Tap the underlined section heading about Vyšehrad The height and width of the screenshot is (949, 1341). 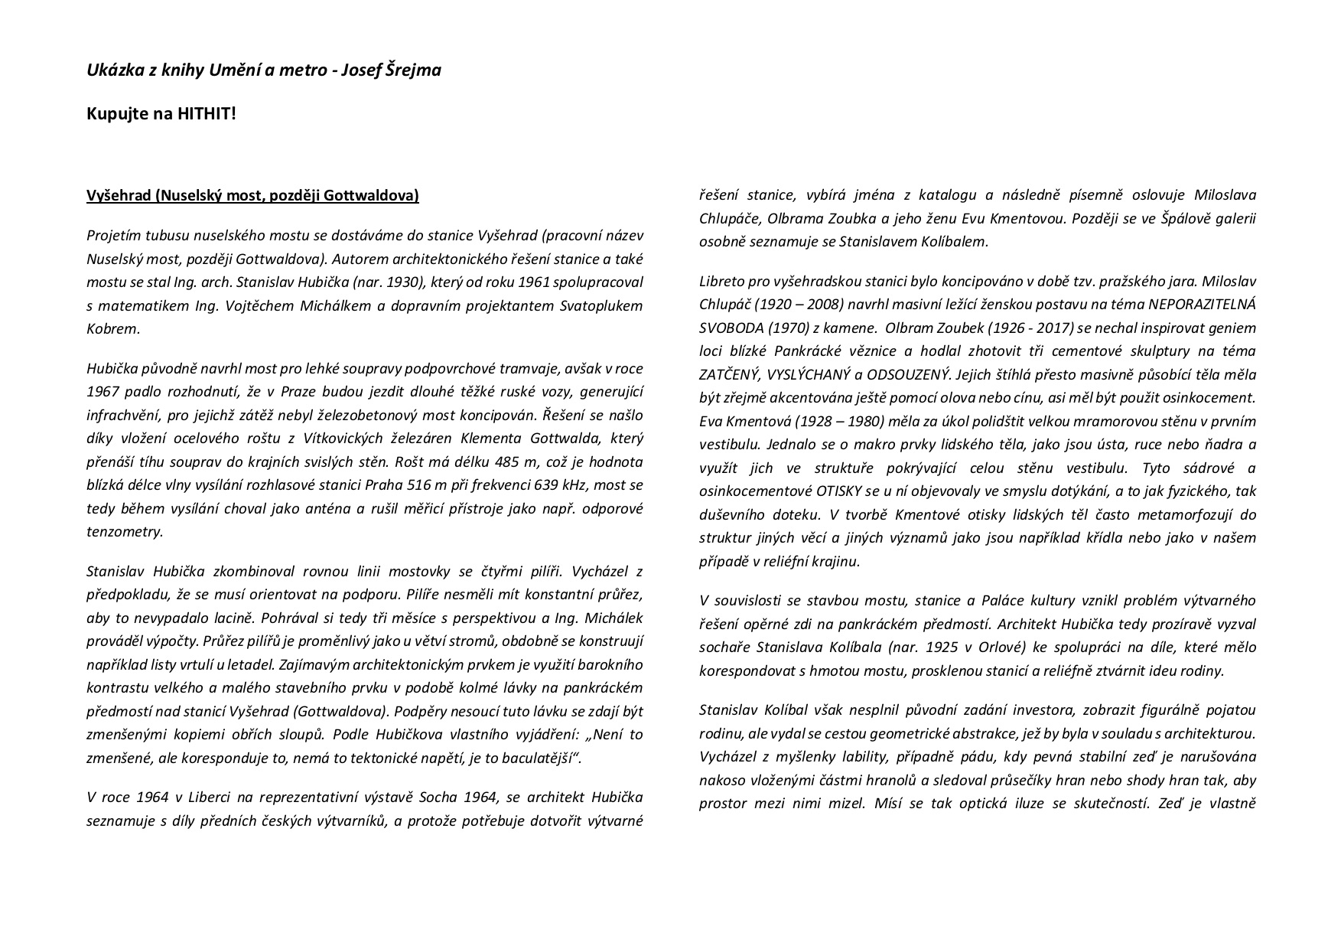click(x=252, y=196)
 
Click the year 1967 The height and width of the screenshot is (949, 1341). click(x=103, y=392)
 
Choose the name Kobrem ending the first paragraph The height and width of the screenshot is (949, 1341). click(x=113, y=329)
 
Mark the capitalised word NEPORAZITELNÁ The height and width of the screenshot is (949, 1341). click(x=1202, y=305)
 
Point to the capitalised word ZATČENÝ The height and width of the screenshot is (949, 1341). click(x=731, y=375)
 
